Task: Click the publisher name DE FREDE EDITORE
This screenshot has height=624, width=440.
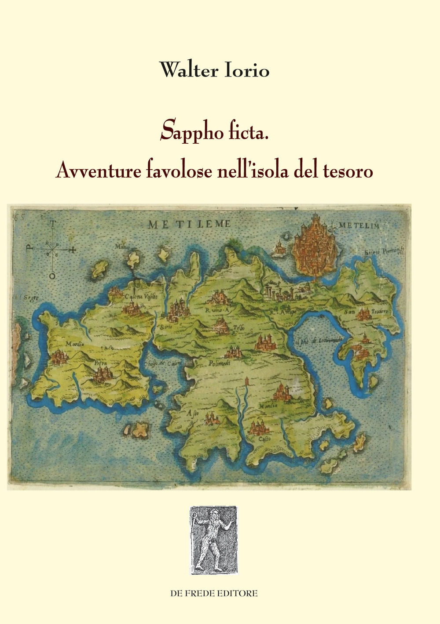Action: coord(214,593)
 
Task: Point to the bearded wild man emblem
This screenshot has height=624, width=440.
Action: coord(213,541)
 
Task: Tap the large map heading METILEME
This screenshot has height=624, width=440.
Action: coord(189,224)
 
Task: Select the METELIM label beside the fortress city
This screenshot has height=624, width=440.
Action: coord(359,225)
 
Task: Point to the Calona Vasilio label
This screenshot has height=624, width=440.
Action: coord(138,296)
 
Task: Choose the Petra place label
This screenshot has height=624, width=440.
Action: coord(101,363)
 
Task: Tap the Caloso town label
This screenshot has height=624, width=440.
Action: coord(264,439)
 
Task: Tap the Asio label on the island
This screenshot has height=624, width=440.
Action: coord(190,413)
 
